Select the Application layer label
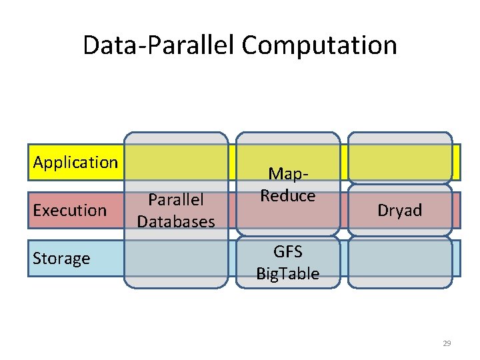(x=75, y=162)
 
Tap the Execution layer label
(x=70, y=210)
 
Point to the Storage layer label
(x=61, y=258)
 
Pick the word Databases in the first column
(x=176, y=221)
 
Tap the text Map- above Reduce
(x=288, y=174)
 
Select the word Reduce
(x=288, y=195)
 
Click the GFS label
(x=288, y=252)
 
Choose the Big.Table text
(x=288, y=273)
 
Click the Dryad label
(x=400, y=211)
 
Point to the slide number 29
(x=447, y=343)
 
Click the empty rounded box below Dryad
(x=400, y=263)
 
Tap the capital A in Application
(x=39, y=162)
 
